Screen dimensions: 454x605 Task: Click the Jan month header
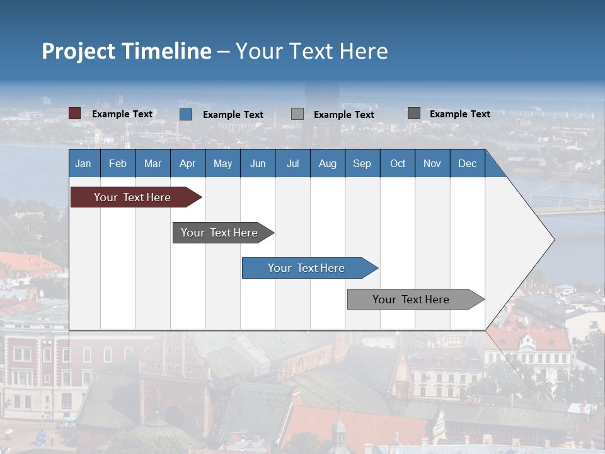[83, 163]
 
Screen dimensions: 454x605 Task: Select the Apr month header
[187, 163]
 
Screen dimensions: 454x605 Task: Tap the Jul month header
[292, 163]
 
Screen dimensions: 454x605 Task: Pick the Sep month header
[362, 163]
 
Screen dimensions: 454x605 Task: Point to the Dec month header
[467, 163]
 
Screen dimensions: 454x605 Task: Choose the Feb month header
[118, 163]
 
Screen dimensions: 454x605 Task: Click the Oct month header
[398, 163]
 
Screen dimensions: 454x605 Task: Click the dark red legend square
[74, 113]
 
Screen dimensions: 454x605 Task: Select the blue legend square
[186, 114]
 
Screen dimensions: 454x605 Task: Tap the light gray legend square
[297, 114]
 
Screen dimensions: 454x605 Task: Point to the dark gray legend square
[414, 113]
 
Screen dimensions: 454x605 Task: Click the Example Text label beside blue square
[233, 115]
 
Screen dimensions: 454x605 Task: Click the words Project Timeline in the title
[127, 51]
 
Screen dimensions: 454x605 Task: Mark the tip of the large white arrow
[553, 240]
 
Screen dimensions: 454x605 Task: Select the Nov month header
[432, 163]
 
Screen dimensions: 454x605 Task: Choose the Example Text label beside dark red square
[122, 114]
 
